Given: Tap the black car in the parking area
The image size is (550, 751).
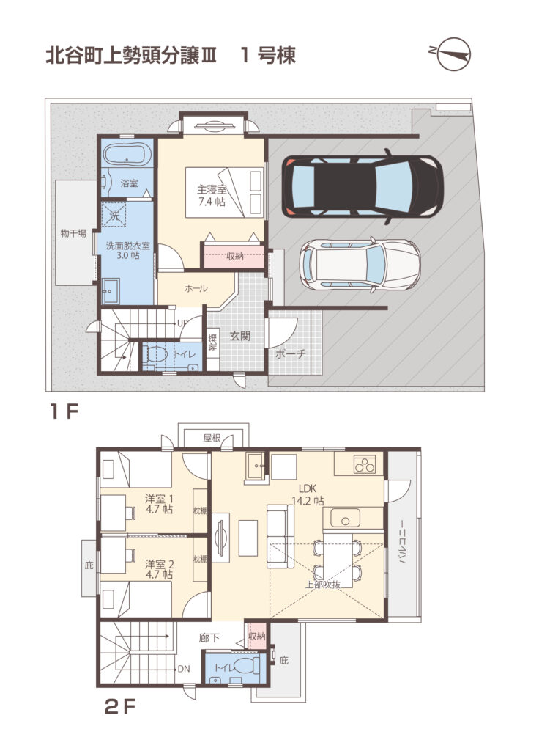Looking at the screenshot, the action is pos(362,186).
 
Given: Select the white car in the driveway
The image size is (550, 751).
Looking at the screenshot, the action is pos(360,265).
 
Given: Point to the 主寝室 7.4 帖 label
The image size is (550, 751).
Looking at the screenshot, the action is pos(212,195).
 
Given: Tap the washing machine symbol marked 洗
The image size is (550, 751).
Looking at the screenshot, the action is pos(114,216).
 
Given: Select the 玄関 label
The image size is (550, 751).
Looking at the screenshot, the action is pos(240,336).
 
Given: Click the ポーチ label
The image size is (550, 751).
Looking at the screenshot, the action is pos(290,354).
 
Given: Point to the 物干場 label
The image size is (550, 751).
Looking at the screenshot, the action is pos(73,234).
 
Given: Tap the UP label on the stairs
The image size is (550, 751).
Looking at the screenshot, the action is pos(182,323).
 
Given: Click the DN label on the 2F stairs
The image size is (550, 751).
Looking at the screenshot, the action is pos(184,669).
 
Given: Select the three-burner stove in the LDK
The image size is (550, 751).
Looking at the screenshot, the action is pos(365,464).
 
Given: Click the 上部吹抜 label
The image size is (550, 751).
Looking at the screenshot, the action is pos(323,585).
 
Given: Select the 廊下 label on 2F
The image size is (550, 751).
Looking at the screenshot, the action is pos(209,638).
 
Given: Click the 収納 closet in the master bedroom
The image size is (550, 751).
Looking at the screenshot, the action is pos(234,256).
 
